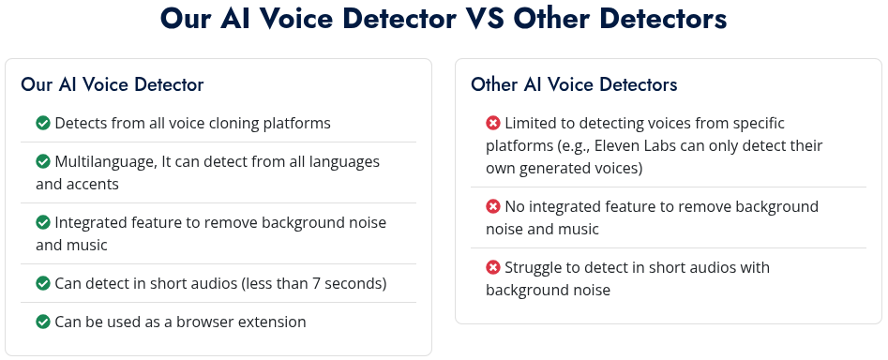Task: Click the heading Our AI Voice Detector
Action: [113, 84]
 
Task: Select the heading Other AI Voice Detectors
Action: [574, 84]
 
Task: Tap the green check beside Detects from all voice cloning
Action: [43, 123]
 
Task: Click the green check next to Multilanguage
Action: [43, 161]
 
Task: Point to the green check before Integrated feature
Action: [43, 222]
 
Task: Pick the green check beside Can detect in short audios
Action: [43, 283]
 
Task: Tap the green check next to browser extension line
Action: [43, 322]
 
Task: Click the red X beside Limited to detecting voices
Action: [493, 123]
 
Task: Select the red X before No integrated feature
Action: [493, 206]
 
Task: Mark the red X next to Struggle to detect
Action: [493, 267]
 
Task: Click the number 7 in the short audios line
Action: [317, 283]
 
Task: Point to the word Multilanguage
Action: [105, 162]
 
